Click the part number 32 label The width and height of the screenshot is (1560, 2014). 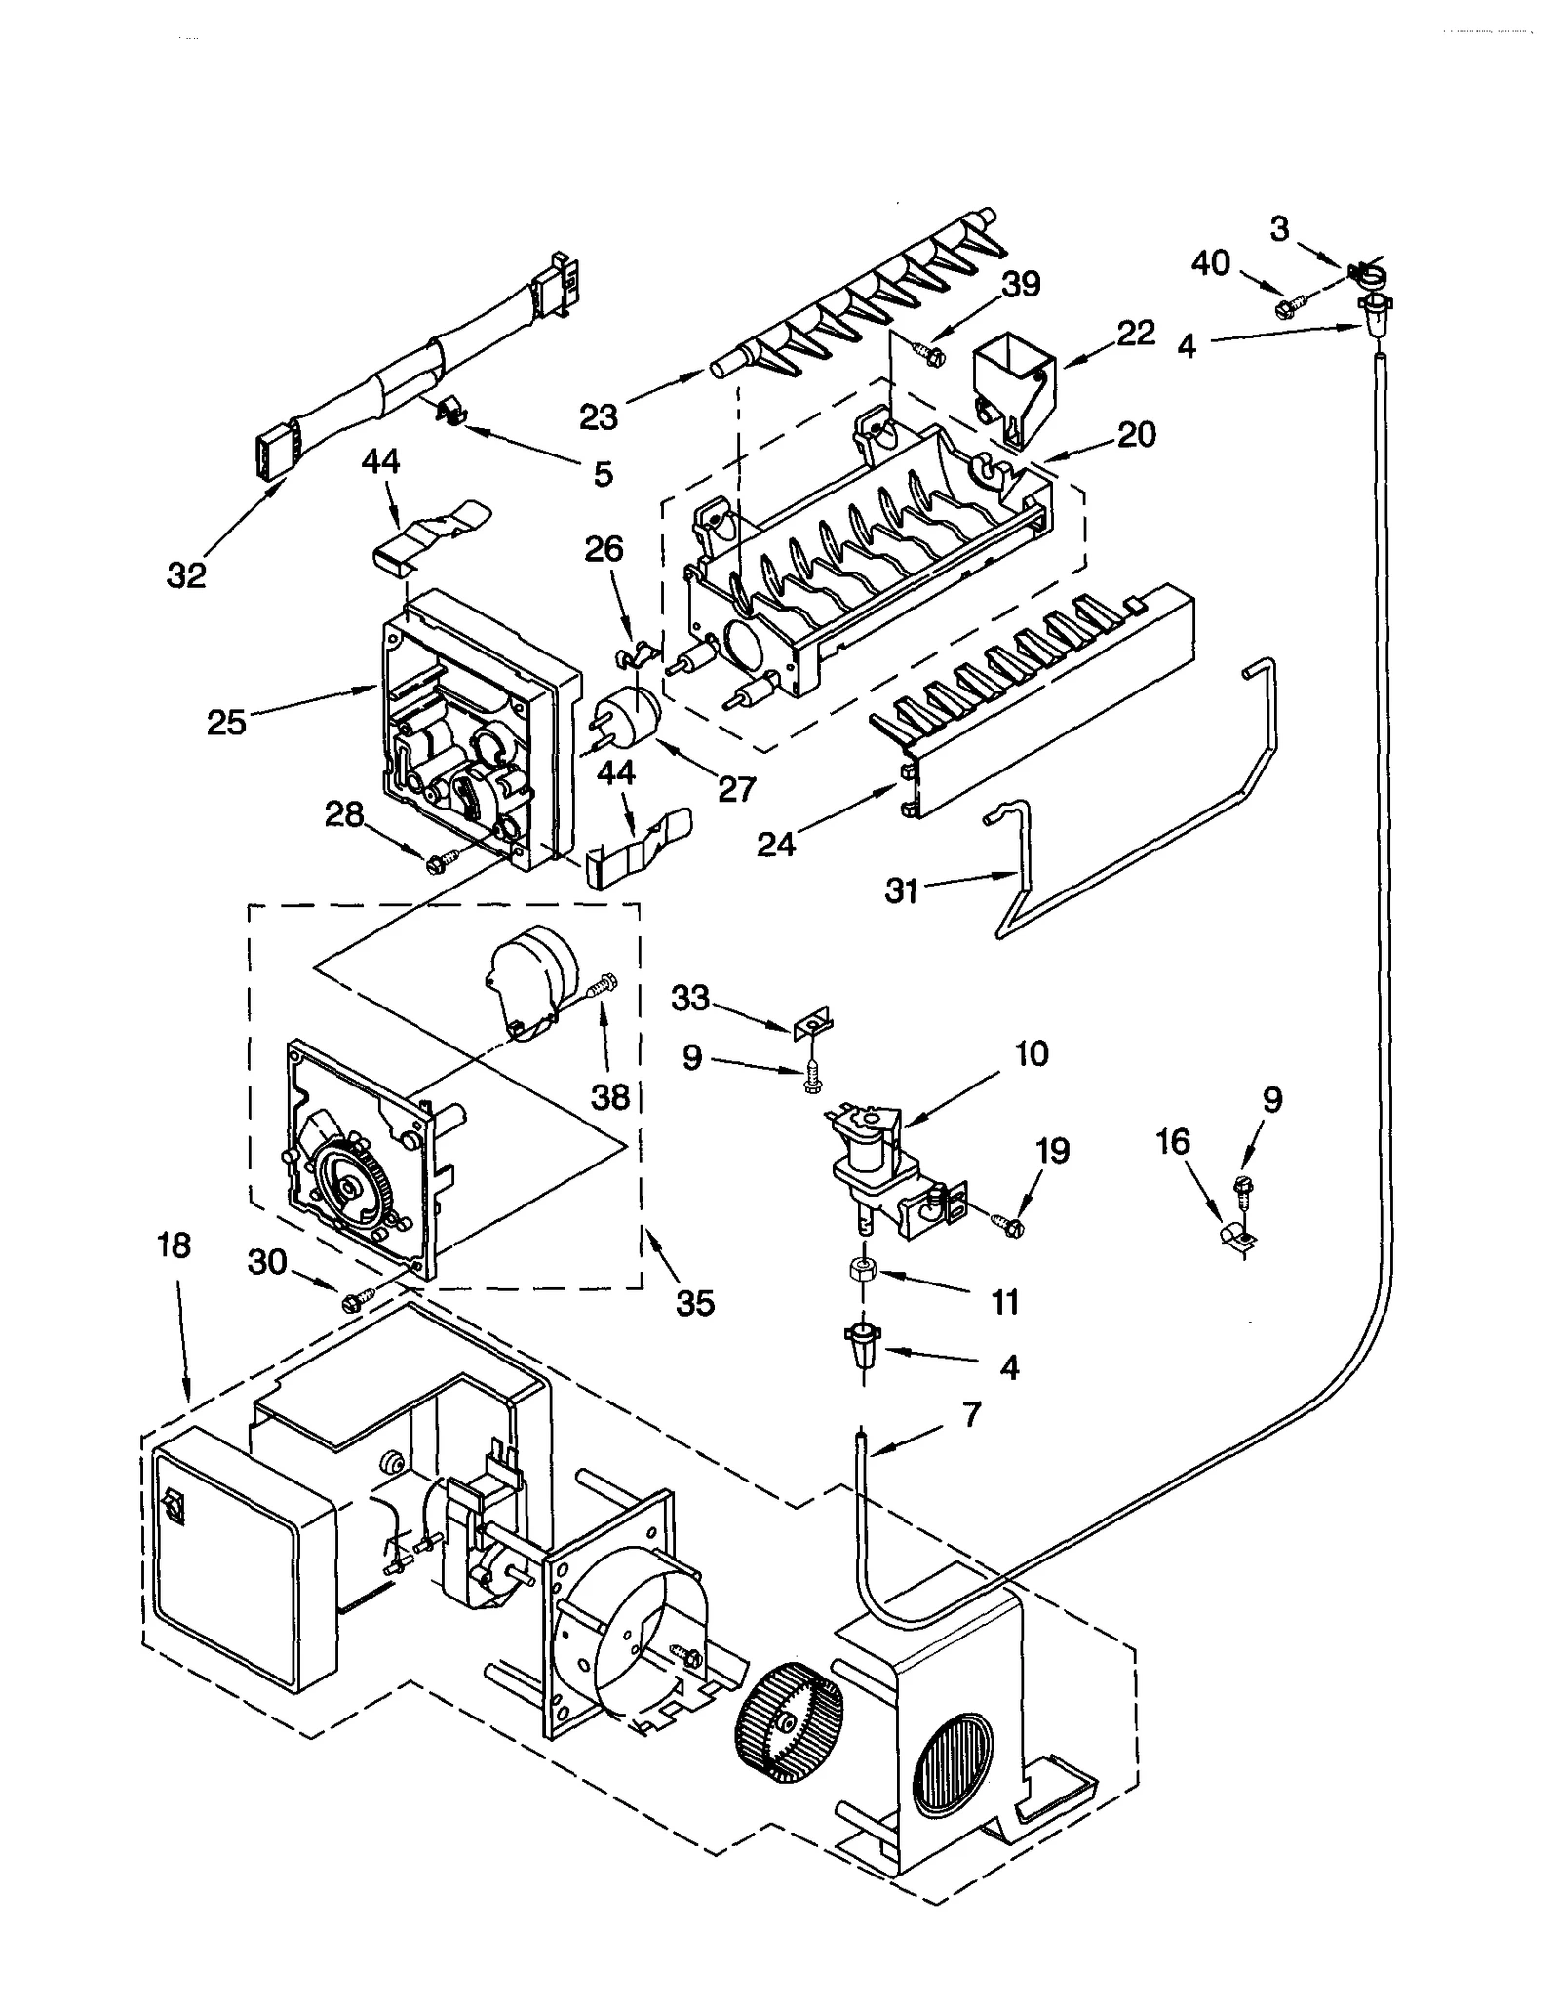pos(186,575)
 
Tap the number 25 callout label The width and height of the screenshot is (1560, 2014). pos(226,723)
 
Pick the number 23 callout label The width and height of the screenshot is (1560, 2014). pos(598,417)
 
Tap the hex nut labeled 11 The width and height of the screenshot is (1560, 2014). pos(863,1270)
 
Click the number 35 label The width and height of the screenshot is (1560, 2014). pos(695,1303)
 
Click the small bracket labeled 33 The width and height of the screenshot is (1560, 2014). pos(813,1024)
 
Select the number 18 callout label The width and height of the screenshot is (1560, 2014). pos(175,1245)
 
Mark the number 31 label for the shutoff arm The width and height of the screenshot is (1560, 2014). pos(901,890)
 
